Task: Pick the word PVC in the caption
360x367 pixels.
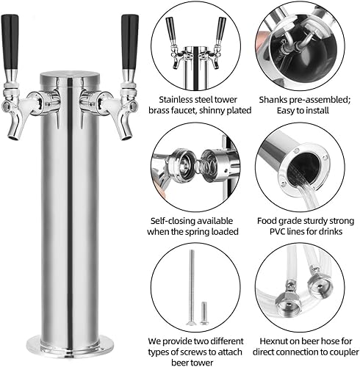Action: [x=271, y=231]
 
